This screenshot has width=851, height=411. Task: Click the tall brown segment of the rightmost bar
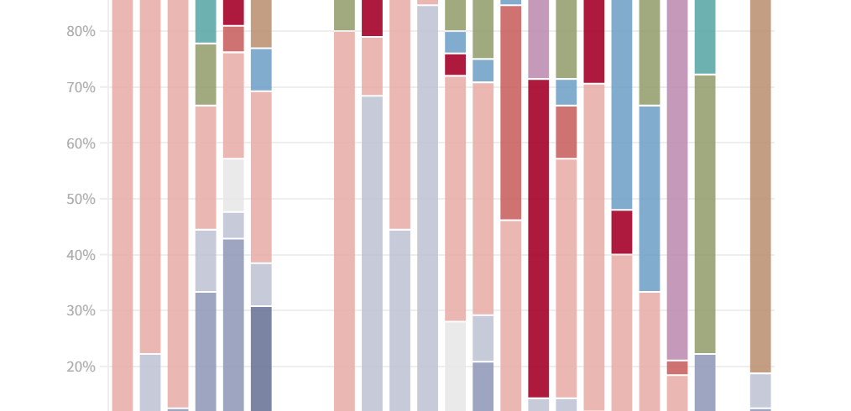tap(760, 185)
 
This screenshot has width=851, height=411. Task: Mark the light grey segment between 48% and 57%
tap(233, 185)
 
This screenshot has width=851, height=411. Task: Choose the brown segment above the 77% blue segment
tap(261, 23)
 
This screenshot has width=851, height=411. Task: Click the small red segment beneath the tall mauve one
tap(677, 367)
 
